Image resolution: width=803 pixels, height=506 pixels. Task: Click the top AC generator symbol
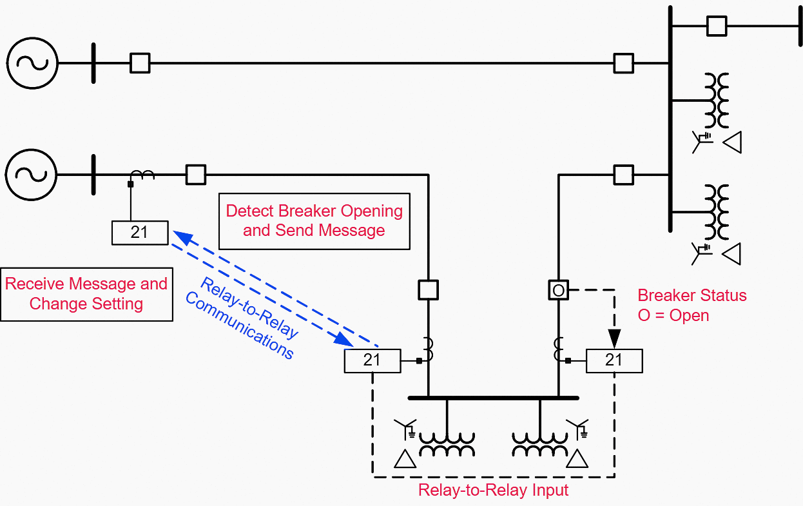pos(32,63)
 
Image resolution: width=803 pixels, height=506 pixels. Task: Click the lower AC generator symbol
pos(32,174)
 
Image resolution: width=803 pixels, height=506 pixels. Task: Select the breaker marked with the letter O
pos(558,290)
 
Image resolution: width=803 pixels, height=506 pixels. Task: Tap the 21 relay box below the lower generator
pos(140,233)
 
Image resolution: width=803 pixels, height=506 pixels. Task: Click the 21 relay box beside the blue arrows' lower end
pos(372,360)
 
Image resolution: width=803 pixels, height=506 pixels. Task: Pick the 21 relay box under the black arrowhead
pos(614,360)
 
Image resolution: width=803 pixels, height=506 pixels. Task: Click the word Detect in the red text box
pos(250,211)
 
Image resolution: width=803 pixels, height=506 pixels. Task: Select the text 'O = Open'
pos(673,316)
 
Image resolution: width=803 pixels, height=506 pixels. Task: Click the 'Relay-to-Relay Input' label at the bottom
pos(493,491)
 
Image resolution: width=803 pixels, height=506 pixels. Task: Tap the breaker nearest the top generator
pos(140,63)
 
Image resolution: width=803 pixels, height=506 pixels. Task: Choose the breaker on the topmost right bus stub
pos(716,26)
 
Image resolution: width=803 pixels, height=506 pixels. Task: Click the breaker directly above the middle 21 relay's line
pos(428,290)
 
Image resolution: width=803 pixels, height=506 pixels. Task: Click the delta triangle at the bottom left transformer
pos(405,458)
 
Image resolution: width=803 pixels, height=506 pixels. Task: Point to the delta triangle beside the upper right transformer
pos(731,142)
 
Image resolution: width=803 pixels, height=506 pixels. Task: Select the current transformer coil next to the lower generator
pos(142,174)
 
